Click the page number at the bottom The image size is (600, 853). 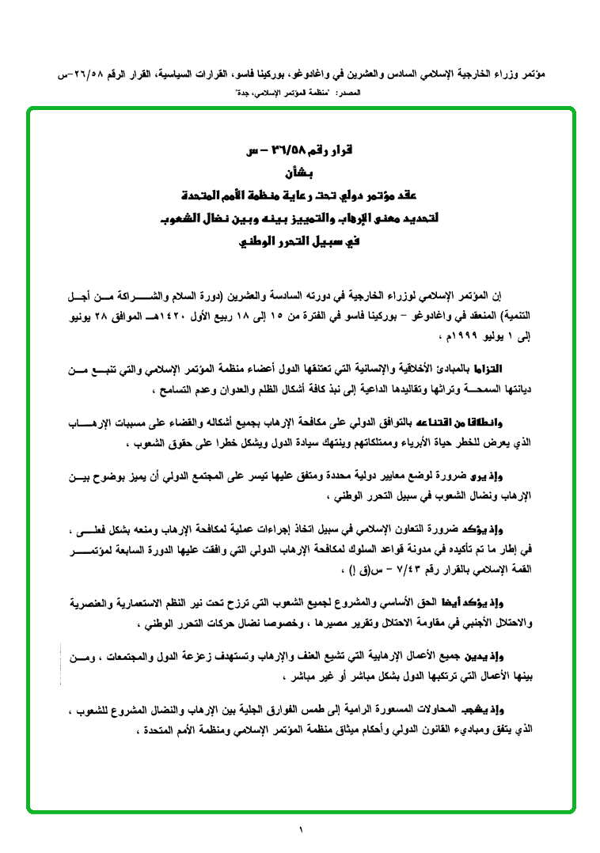click(301, 828)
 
